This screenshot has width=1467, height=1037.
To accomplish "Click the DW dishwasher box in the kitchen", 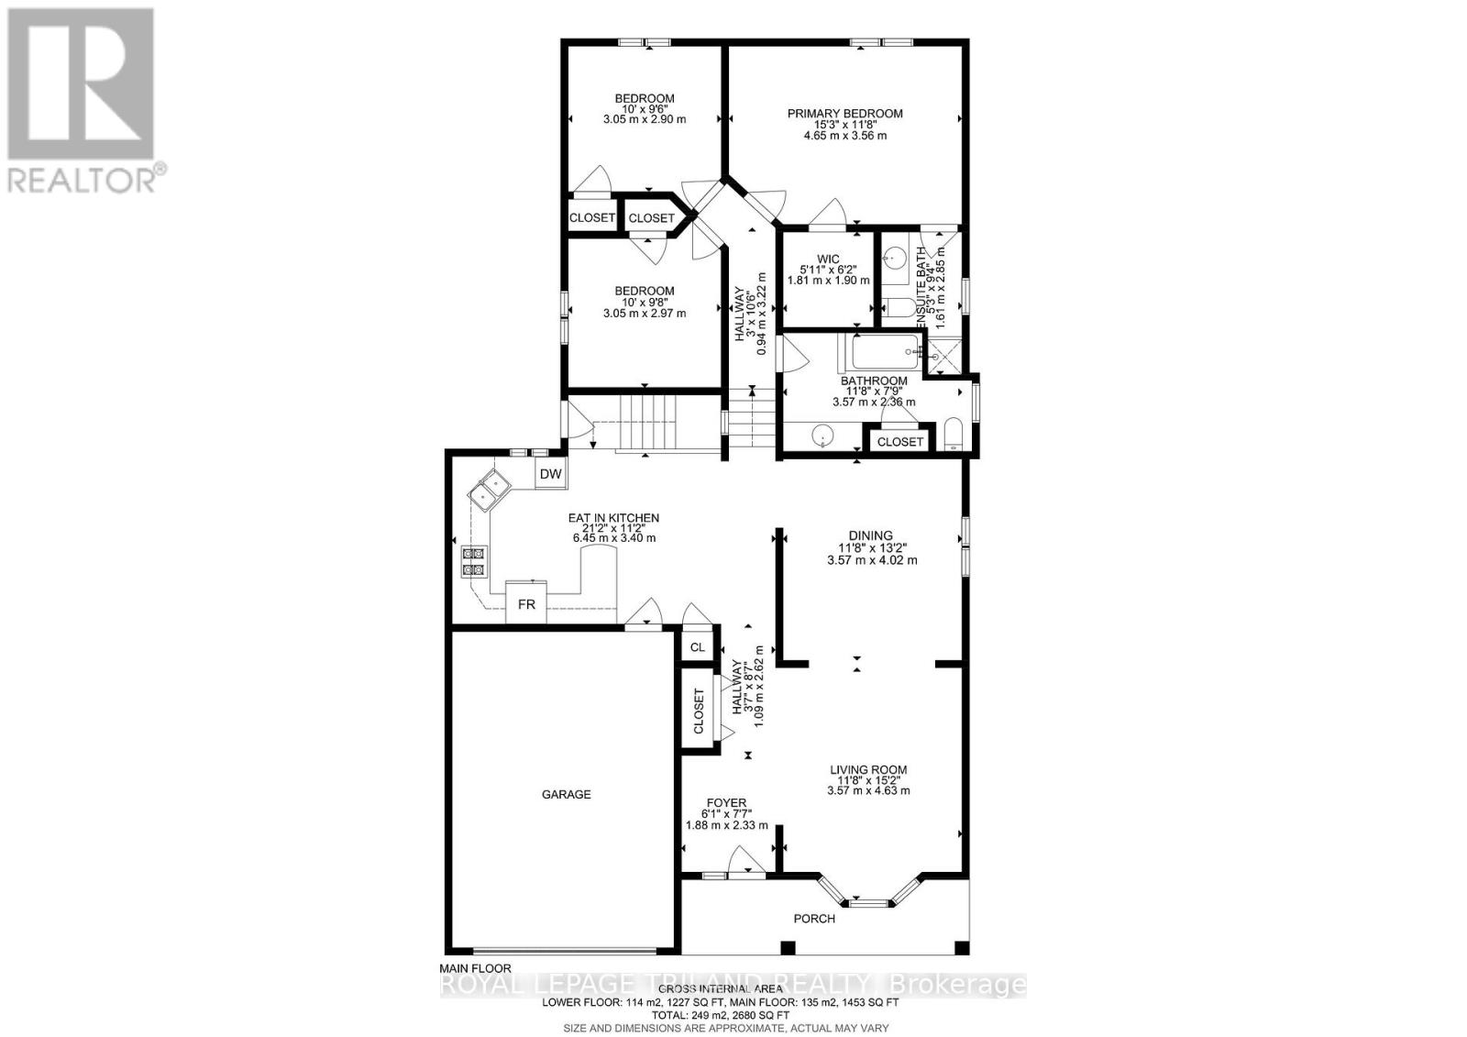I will tap(550, 474).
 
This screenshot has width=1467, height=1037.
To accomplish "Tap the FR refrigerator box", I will tap(526, 605).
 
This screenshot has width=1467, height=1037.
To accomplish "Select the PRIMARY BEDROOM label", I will tap(844, 114).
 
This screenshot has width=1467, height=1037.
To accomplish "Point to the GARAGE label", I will tap(566, 794).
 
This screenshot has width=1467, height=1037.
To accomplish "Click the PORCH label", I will tap(814, 919).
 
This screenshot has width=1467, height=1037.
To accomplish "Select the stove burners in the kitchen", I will tap(474, 561).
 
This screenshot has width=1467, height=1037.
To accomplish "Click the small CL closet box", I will tap(698, 647).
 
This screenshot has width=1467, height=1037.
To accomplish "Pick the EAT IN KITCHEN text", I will tap(613, 518).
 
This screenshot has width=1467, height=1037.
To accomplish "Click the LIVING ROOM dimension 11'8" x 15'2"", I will tap(867, 780).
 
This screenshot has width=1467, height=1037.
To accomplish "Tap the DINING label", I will tap(870, 535).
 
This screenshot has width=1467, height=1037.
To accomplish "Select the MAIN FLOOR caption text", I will tap(475, 968).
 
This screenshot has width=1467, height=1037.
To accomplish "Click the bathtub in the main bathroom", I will tap(882, 350).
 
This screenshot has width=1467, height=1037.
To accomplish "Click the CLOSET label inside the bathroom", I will tap(899, 441).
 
